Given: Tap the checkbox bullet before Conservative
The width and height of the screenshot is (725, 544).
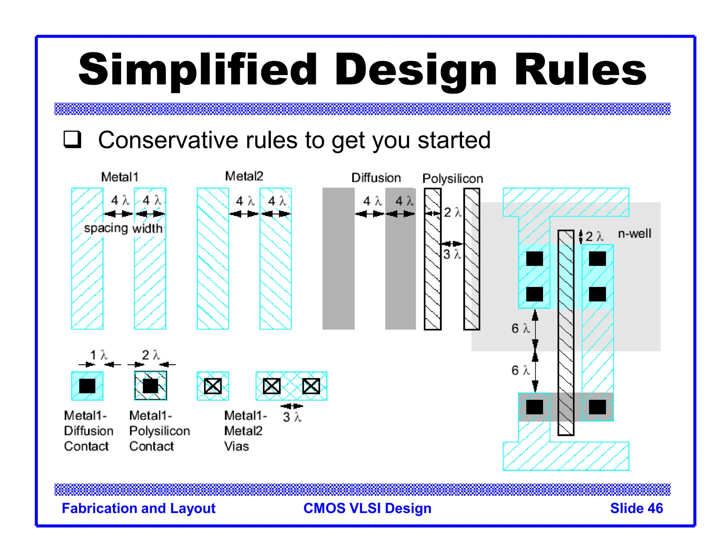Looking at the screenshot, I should click(x=73, y=140).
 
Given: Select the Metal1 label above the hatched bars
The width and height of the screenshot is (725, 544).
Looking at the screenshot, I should click(x=120, y=177).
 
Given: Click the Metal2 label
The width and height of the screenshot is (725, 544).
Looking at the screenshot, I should click(x=244, y=176).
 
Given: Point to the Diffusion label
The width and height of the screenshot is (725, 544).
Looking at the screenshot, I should click(x=376, y=178).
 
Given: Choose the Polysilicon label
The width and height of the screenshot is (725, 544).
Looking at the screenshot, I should click(x=452, y=178).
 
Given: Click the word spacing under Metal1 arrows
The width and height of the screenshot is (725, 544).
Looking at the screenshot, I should click(x=106, y=228).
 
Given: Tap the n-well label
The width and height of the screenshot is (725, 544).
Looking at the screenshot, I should click(x=634, y=234).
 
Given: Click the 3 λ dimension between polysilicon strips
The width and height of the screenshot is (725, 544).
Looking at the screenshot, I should click(x=452, y=254).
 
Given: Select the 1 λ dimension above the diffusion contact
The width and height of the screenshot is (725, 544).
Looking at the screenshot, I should click(x=98, y=355).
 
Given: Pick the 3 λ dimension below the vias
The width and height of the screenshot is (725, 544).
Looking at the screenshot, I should click(x=292, y=417).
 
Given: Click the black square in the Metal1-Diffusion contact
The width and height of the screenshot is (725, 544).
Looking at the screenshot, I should click(x=87, y=386).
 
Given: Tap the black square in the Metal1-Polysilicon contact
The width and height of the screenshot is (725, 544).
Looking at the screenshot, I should click(x=150, y=386).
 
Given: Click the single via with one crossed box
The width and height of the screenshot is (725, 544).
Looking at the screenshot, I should click(x=213, y=386).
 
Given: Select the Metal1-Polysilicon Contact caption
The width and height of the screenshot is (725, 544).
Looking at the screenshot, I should click(x=159, y=431).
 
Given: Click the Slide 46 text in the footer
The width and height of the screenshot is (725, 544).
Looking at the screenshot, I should click(x=636, y=508).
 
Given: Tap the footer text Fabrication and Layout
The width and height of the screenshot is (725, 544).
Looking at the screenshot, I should click(x=138, y=508).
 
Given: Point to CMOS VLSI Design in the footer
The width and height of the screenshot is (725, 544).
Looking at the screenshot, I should click(x=367, y=508).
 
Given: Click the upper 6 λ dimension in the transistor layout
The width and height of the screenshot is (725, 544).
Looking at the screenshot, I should click(x=520, y=328).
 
